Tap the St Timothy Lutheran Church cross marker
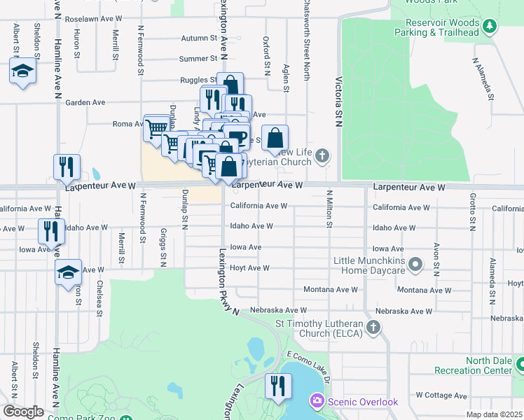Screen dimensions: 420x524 coord(374,327)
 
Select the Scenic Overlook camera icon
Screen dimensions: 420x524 coord(317,402)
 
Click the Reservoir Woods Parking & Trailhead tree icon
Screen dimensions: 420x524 coord(490,27)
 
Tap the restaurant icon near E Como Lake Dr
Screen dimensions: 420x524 coord(278,385)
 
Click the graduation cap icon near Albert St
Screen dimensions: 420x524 coord(22,71)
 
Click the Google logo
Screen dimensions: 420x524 coord(23,412)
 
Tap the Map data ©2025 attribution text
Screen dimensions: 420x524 coord(494,415)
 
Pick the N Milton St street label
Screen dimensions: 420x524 coord(328,208)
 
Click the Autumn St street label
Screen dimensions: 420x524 coord(199,38)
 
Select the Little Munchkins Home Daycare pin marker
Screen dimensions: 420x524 coord(415,265)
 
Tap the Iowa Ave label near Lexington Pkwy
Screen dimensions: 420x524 coord(246,247)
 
